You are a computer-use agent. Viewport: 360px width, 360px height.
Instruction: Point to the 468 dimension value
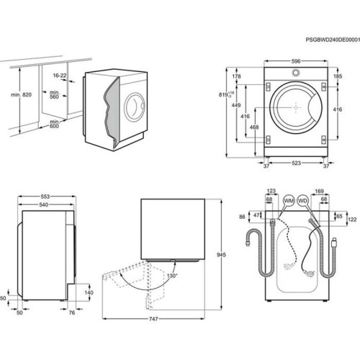(253, 127)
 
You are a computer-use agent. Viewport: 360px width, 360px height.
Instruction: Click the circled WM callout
(289, 199)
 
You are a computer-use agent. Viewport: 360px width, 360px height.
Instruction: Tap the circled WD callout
(303, 199)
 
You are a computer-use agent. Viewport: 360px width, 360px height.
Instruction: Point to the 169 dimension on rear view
(319, 191)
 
